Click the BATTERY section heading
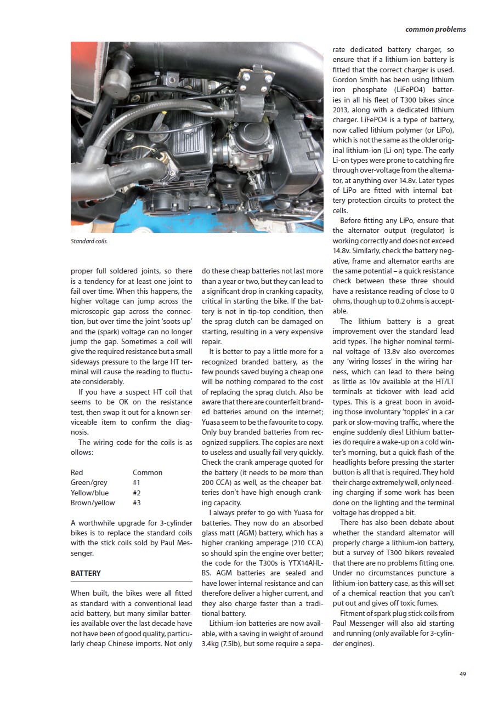86,573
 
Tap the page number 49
463,674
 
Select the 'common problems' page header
435,29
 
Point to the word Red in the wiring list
77,472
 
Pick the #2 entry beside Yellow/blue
137,493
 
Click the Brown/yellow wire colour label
93,503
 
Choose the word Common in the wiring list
148,472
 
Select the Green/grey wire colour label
89,482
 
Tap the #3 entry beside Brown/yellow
137,503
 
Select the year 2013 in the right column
341,110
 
